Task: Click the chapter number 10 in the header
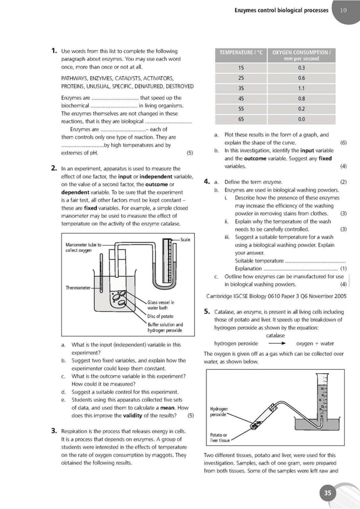[344, 10]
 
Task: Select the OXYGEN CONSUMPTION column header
[301, 55]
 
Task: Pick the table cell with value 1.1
[301, 88]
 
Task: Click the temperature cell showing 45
[241, 99]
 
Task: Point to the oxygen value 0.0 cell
[301, 119]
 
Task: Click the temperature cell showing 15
[241, 68]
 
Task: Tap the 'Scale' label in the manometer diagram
[185, 240]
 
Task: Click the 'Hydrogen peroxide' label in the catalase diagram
[218, 410]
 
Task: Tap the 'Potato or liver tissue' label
[218, 438]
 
